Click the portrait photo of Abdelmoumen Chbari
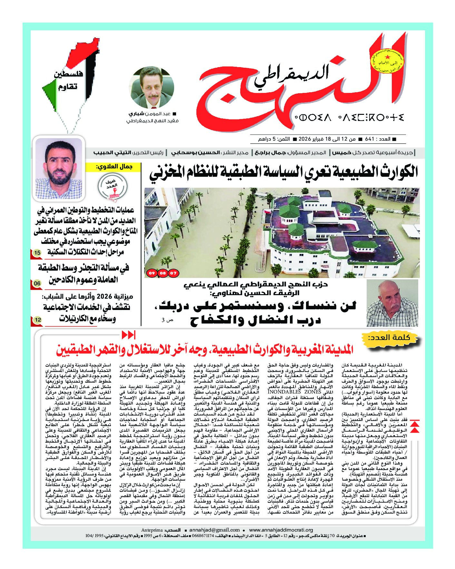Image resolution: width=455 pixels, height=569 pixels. (x=152, y=88)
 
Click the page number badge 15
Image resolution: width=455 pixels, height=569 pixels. (x=37, y=253)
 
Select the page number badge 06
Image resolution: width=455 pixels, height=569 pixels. (x=37, y=284)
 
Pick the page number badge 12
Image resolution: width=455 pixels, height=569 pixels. (x=38, y=320)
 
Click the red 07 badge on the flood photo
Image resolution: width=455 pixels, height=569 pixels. (x=173, y=273)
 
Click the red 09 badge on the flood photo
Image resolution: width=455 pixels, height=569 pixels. (x=151, y=273)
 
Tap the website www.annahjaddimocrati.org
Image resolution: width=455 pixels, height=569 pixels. (x=281, y=530)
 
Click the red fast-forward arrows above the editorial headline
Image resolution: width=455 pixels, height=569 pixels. (x=128, y=335)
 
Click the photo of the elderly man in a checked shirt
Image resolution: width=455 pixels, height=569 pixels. (x=392, y=303)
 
